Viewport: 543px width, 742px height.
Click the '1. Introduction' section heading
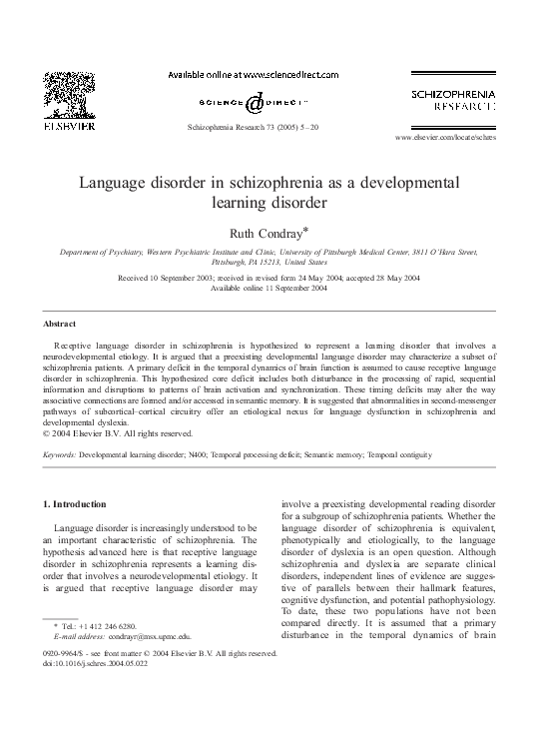[x=78, y=503]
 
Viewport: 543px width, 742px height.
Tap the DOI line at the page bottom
[x=89, y=663]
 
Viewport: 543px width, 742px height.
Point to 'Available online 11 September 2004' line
[x=271, y=288]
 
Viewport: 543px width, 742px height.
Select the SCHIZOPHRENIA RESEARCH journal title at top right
[x=453, y=99]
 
